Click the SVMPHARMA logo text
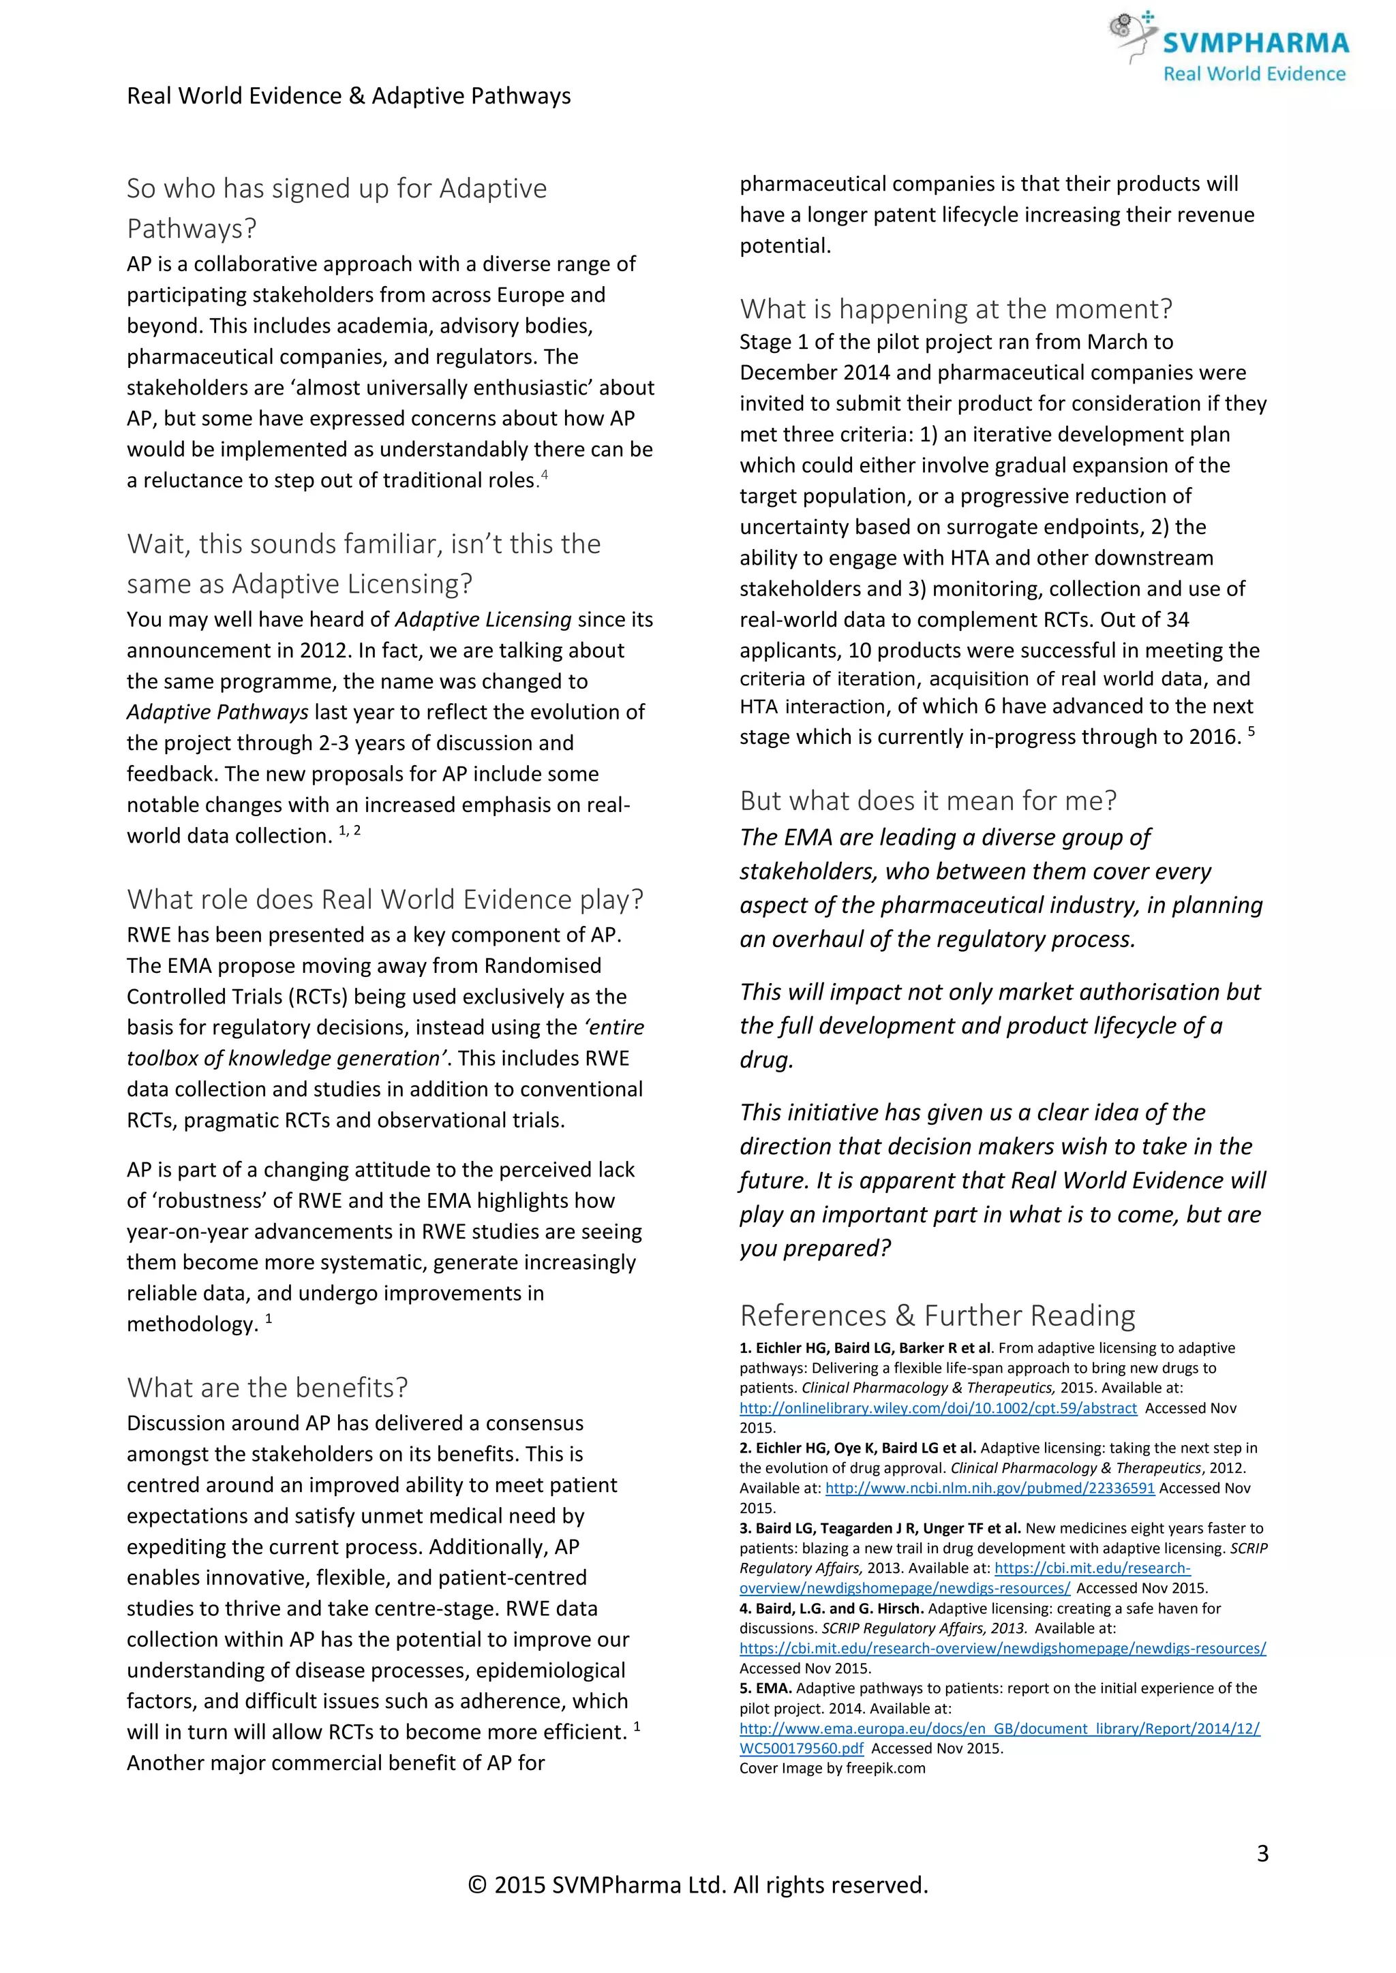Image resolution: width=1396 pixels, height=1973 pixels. tap(1256, 43)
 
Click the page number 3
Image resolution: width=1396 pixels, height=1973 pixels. tap(1262, 1854)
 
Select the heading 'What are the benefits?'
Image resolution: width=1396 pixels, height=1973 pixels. tap(267, 1387)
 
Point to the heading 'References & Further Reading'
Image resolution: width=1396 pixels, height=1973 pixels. tap(937, 1315)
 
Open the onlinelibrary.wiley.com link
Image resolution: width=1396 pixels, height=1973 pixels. tap(938, 1408)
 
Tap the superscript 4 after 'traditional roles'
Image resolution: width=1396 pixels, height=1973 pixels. tap(544, 474)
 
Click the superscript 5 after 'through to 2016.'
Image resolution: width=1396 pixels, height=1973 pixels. tap(1251, 731)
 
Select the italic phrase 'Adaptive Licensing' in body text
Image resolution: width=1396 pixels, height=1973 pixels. tap(483, 619)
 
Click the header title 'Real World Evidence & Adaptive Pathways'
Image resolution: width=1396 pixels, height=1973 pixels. tap(348, 95)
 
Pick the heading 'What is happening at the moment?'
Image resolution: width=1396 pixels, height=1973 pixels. tap(956, 309)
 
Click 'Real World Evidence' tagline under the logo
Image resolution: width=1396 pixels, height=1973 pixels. tap(1254, 74)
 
